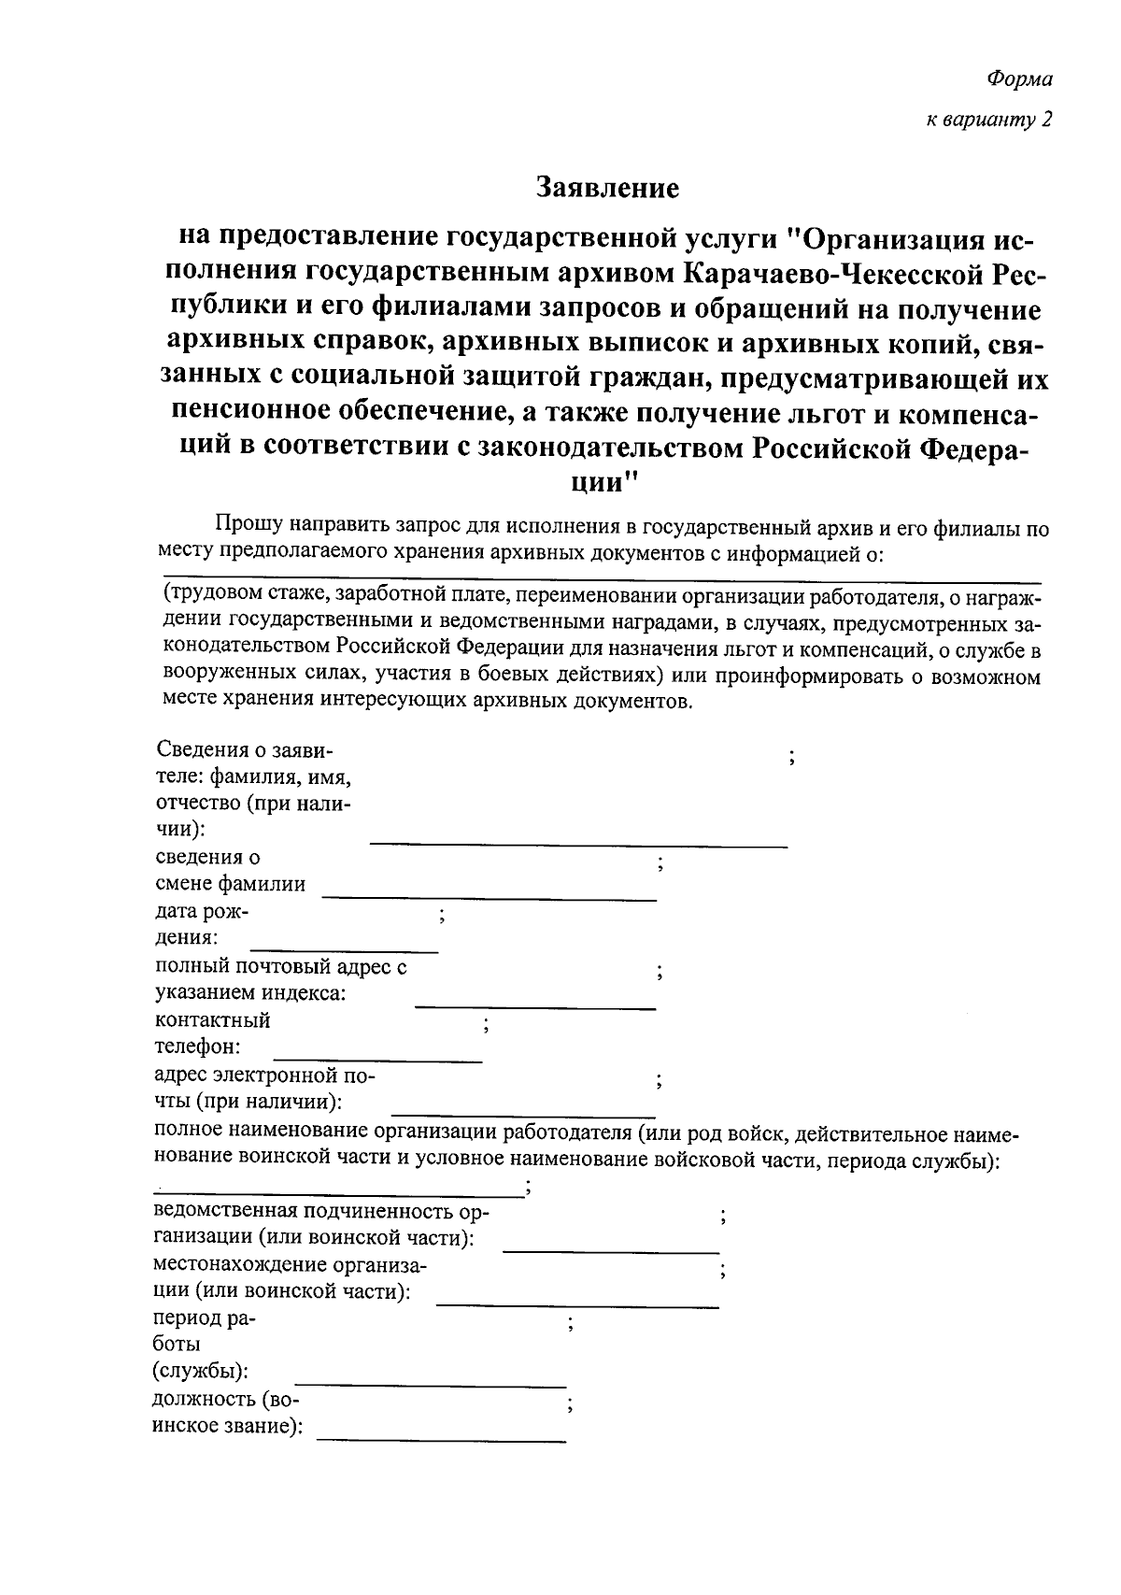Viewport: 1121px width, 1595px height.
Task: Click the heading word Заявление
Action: [607, 188]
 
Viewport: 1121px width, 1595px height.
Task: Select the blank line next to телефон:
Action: [376, 1059]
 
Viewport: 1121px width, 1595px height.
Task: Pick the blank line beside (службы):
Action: [430, 1384]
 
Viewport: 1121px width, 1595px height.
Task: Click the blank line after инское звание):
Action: [441, 1439]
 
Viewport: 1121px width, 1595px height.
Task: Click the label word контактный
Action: [212, 1020]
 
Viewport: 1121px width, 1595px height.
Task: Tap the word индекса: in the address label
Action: [305, 993]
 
